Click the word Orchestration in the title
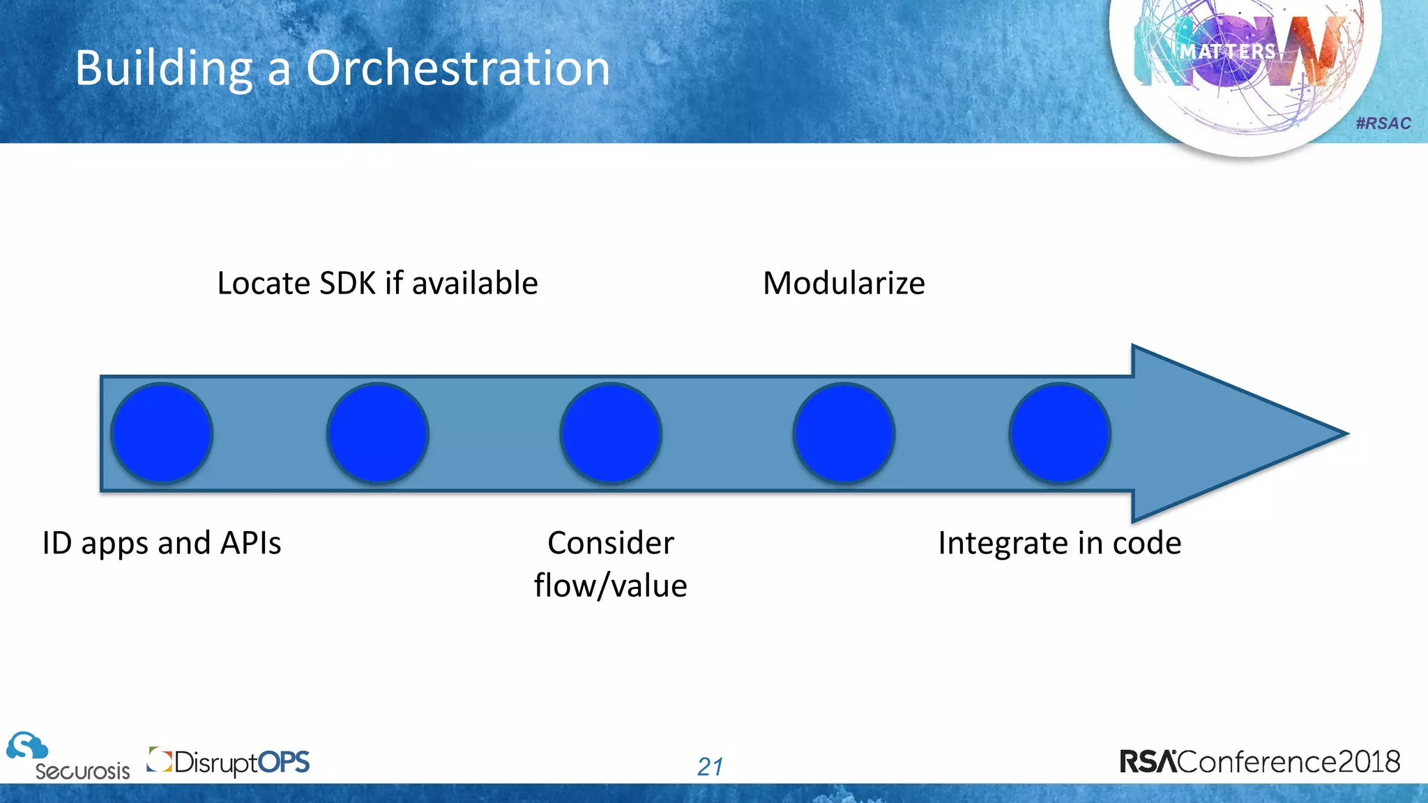tap(457, 68)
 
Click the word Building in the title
tap(164, 68)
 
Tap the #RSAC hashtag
tap(1383, 123)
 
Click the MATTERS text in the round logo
tap(1227, 52)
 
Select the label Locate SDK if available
tap(377, 283)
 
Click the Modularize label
tap(844, 283)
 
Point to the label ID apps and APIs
tap(162, 543)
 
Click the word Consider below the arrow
tap(611, 543)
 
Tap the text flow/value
tap(611, 586)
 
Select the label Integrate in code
tap(1059, 543)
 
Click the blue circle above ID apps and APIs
tap(162, 433)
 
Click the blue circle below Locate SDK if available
tap(377, 433)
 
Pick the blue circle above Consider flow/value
tap(611, 433)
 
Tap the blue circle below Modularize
tap(844, 433)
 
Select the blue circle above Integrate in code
tap(1059, 433)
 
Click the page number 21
tap(710, 767)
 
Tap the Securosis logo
tap(68, 757)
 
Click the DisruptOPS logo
tap(229, 762)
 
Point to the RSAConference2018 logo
tap(1259, 761)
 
